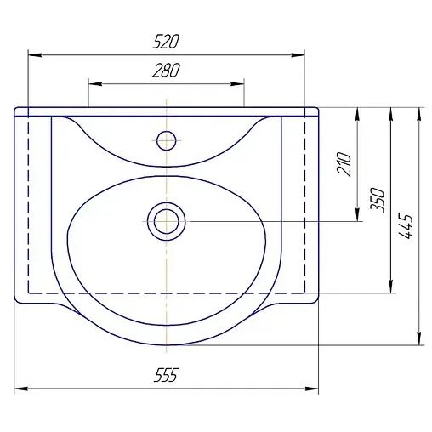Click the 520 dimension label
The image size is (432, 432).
point(166,42)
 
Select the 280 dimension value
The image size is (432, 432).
point(166,71)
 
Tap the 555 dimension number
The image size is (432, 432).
point(166,375)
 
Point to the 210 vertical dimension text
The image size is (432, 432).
point(344,164)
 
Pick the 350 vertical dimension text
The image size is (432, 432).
point(378,200)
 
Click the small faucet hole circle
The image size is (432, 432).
point(167,140)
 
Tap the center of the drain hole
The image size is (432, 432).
point(167,221)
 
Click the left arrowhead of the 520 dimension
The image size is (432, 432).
point(35,55)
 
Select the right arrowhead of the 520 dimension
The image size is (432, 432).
point(298,55)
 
